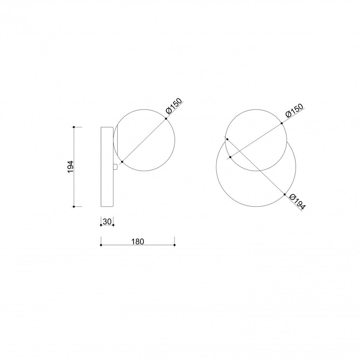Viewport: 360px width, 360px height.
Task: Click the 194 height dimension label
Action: (70, 167)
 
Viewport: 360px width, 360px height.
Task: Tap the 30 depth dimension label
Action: (107, 221)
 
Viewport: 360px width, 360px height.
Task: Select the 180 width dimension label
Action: (137, 241)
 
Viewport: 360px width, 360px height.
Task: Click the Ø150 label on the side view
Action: (174, 106)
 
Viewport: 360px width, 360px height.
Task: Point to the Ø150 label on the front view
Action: (294, 110)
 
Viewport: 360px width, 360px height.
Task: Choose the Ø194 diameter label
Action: (297, 202)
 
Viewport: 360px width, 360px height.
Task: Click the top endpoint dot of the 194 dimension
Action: (74, 127)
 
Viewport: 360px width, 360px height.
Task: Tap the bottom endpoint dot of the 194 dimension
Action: (74, 207)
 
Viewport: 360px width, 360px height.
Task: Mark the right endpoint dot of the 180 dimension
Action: (175, 245)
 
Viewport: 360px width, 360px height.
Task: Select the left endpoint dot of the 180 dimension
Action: (101, 245)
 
